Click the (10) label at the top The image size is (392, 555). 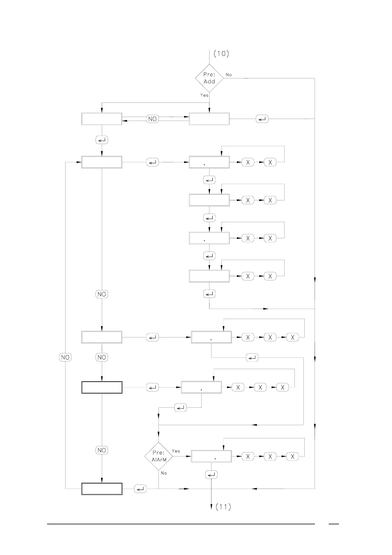(221, 53)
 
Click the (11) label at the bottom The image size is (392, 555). (223, 507)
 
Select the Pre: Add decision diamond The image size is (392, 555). (209, 78)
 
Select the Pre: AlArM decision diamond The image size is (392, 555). (158, 456)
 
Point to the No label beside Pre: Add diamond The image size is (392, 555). (229, 75)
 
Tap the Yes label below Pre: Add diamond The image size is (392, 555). (204, 95)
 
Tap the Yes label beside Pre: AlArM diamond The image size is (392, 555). (176, 451)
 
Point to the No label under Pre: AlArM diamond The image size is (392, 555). (164, 473)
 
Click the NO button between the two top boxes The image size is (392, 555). (152, 119)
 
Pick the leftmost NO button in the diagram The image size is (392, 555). (65, 357)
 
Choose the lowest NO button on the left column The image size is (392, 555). (102, 450)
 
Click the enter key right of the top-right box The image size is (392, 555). (262, 119)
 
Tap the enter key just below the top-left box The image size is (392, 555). (102, 140)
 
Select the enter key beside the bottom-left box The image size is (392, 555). (140, 489)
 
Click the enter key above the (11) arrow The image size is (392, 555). (211, 475)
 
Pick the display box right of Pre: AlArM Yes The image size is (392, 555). (211, 456)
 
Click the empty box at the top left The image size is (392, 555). (102, 119)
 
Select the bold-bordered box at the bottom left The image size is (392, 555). (102, 489)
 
